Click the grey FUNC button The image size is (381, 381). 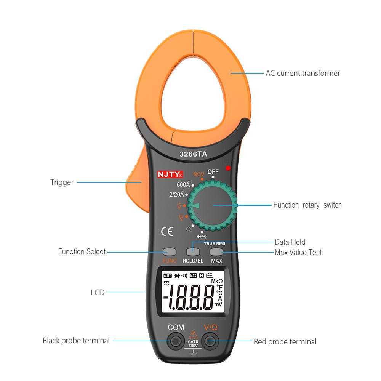[170, 252]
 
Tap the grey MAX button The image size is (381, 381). [216, 252]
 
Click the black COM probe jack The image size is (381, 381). [176, 341]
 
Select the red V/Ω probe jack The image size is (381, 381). [210, 341]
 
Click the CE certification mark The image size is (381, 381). [167, 231]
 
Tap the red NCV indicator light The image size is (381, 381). [228, 168]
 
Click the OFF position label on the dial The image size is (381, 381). [213, 171]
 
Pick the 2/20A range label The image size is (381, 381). [176, 194]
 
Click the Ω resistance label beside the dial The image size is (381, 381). [188, 229]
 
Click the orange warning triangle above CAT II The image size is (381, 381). [193, 334]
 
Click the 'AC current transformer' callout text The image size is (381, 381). [303, 73]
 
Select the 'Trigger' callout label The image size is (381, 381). [62, 182]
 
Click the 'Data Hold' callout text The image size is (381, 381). [290, 242]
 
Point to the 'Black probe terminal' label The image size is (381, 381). [76, 341]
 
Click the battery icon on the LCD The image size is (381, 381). [210, 275]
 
